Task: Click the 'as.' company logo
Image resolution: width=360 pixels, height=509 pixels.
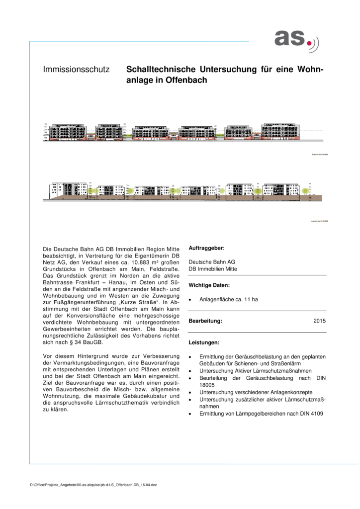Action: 297,40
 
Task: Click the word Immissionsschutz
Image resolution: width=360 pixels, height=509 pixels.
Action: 76,70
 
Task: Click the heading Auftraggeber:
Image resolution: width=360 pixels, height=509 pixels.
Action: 206,248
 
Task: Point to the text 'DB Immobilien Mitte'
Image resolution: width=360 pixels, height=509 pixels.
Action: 213,269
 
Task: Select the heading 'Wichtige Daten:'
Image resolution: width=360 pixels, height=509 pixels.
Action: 209,285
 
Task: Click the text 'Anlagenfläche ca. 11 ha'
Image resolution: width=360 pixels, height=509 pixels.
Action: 228,300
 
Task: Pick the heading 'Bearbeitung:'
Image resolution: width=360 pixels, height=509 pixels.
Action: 205,321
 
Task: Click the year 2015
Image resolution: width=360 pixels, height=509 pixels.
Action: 320,321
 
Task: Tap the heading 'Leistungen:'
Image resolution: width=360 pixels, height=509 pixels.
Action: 203,343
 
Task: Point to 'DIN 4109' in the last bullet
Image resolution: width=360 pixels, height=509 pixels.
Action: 300,413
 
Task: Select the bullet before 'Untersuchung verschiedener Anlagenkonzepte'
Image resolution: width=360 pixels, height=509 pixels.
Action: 190,392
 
